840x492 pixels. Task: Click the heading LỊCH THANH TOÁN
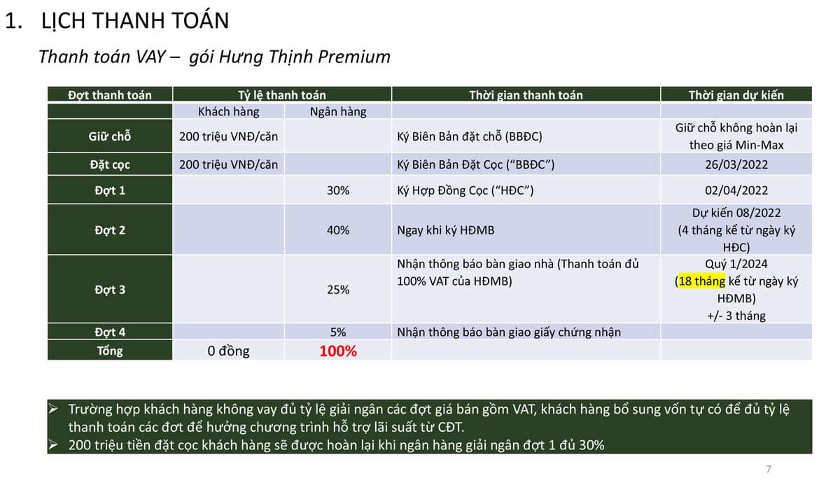pyautogui.click(x=135, y=20)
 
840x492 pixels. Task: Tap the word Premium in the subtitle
pyautogui.click(x=354, y=57)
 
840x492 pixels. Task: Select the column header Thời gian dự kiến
pyautogui.click(x=736, y=95)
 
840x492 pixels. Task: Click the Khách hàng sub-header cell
pyautogui.click(x=228, y=112)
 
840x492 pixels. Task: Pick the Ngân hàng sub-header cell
pyautogui.click(x=338, y=112)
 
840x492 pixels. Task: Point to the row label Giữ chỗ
pyautogui.click(x=110, y=136)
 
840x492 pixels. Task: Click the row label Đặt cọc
pyautogui.click(x=110, y=164)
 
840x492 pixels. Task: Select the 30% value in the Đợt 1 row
pyautogui.click(x=338, y=190)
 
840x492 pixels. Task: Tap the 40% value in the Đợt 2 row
pyautogui.click(x=338, y=230)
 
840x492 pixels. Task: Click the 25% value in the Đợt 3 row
pyautogui.click(x=338, y=290)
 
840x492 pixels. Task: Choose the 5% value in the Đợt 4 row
pyautogui.click(x=338, y=332)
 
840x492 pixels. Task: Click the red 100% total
pyautogui.click(x=338, y=351)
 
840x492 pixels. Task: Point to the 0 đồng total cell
pyautogui.click(x=228, y=351)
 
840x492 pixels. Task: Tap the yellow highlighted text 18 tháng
pyautogui.click(x=701, y=281)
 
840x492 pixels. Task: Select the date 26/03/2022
pyautogui.click(x=736, y=164)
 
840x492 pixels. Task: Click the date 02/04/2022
pyautogui.click(x=736, y=190)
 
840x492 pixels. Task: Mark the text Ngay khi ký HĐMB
pyautogui.click(x=445, y=230)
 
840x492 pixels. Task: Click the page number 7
pyautogui.click(x=769, y=469)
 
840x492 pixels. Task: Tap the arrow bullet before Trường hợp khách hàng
pyautogui.click(x=53, y=409)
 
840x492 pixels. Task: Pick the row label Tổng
pyautogui.click(x=110, y=351)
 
